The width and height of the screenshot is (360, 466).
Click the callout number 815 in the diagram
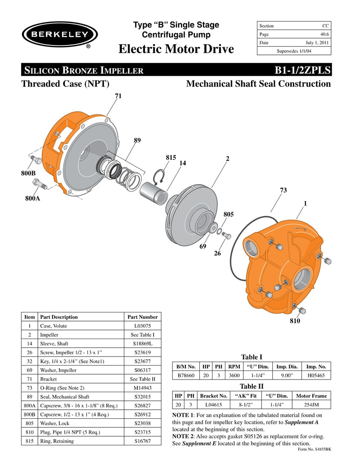(171, 158)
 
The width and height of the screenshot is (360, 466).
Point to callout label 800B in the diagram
(29, 173)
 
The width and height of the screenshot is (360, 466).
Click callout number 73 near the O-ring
(283, 190)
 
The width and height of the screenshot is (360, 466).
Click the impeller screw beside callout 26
(226, 236)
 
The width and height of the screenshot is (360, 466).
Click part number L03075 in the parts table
(142, 326)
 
